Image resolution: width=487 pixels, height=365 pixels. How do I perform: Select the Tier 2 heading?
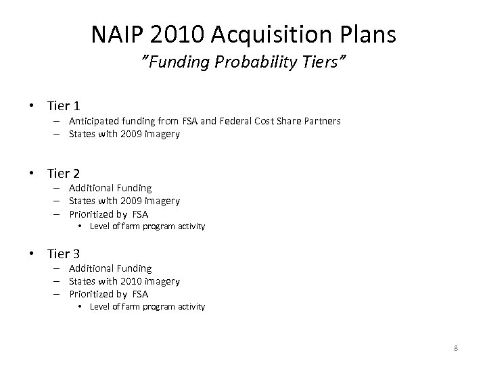click(x=64, y=173)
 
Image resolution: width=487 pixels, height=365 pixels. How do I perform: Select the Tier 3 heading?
click(x=64, y=253)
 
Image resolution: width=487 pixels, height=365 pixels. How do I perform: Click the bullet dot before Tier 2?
click(x=32, y=174)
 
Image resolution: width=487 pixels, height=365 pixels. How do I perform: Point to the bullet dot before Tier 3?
click(x=32, y=254)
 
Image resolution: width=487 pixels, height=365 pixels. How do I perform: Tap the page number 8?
click(x=456, y=348)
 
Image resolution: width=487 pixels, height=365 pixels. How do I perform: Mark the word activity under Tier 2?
click(x=190, y=226)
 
